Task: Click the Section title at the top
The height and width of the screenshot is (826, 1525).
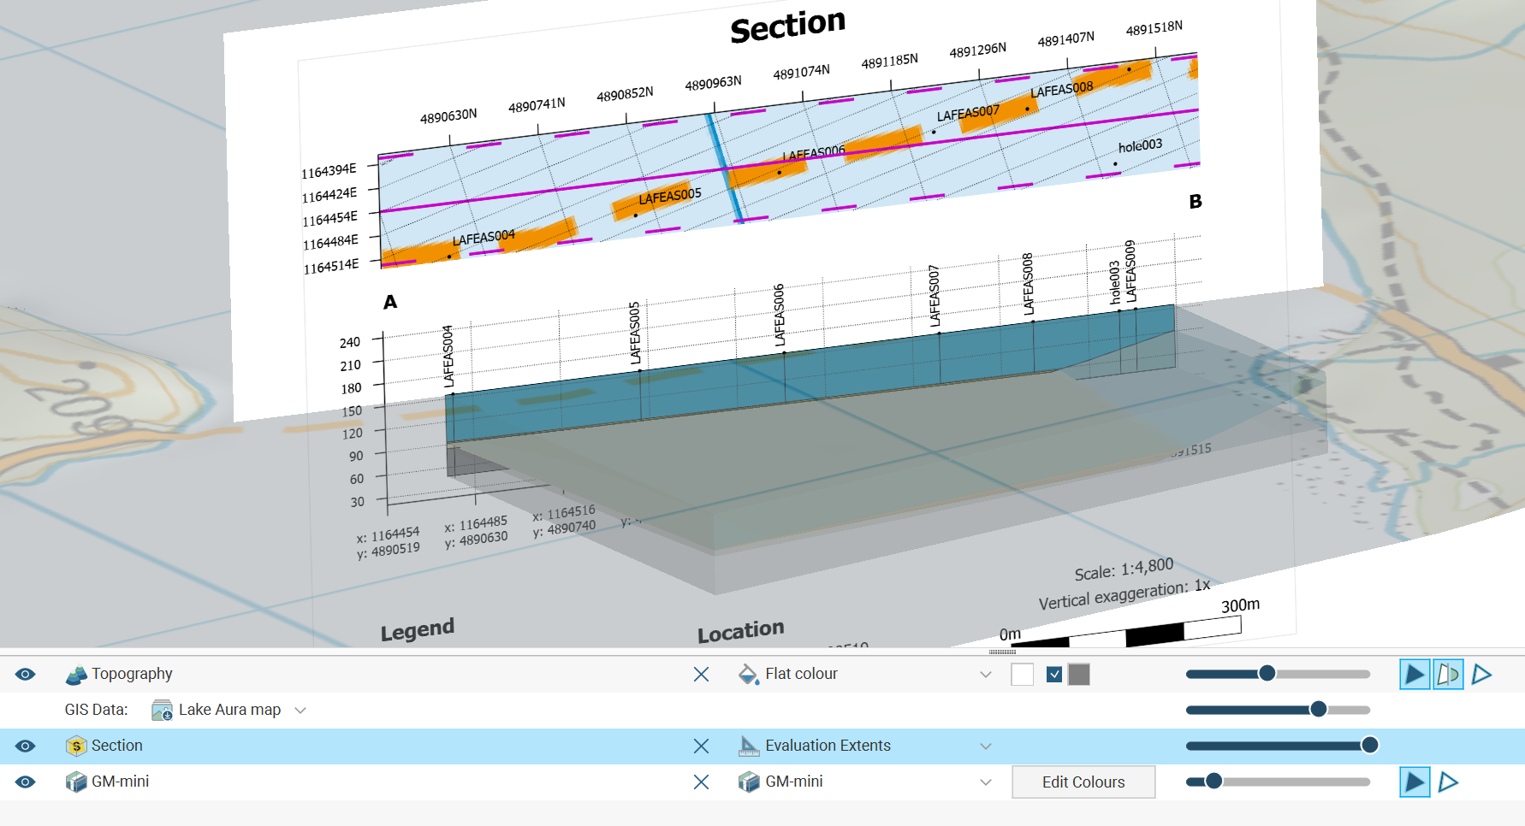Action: pos(787,26)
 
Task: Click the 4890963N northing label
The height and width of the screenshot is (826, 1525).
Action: pos(713,83)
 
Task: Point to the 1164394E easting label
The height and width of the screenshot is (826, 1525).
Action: pos(329,171)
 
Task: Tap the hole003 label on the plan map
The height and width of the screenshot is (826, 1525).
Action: pos(1140,146)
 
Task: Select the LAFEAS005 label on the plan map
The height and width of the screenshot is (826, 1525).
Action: pos(670,196)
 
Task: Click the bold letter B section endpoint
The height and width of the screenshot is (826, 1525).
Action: pos(1196,202)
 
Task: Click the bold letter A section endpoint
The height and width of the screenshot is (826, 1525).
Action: pos(390,302)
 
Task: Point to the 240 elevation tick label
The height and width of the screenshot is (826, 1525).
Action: pos(350,342)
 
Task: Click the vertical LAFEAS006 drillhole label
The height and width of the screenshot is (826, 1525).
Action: pos(779,315)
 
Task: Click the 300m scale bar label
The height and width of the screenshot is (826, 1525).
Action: pos(1240,605)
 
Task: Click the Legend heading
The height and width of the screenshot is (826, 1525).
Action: pos(418,630)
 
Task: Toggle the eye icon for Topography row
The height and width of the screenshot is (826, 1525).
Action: pos(26,675)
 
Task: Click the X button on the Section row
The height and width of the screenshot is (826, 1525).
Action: pos(701,746)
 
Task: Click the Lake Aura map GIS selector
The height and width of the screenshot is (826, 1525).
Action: pos(229,711)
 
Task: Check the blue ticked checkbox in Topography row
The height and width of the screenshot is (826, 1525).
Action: pos(1054,675)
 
